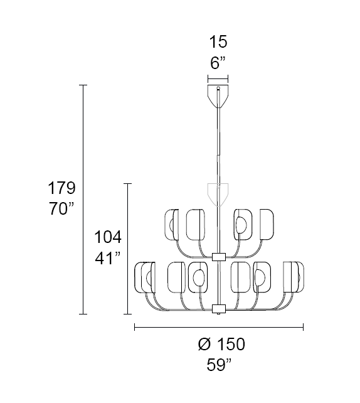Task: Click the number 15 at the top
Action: point(218,43)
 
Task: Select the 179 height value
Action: point(62,188)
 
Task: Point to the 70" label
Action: point(62,210)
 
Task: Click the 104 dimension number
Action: point(107,237)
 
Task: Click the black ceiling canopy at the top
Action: point(218,95)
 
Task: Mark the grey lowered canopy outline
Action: point(218,193)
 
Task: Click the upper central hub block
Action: point(218,257)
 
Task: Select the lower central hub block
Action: point(218,308)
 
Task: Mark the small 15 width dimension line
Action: point(218,80)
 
